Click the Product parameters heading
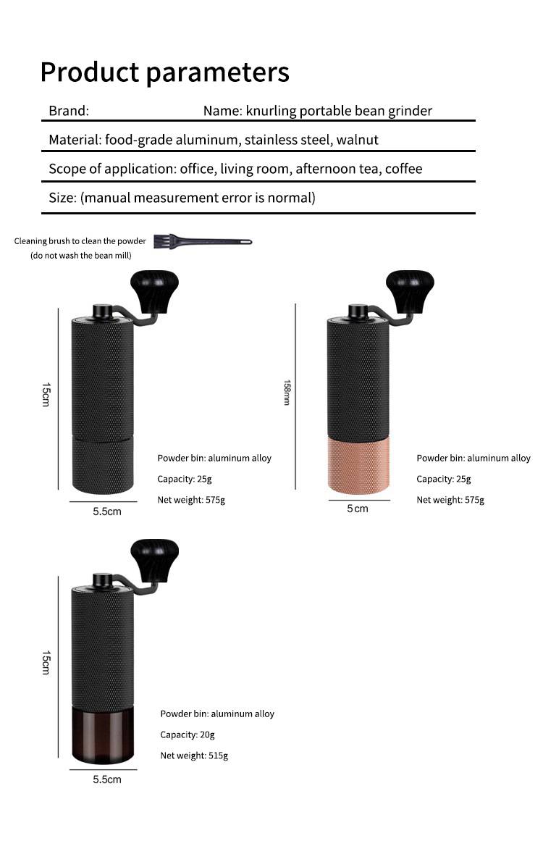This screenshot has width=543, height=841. (x=164, y=72)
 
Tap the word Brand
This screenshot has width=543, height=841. (x=68, y=111)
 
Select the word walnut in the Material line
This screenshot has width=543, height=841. (x=357, y=140)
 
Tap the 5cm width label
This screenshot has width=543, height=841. (x=357, y=509)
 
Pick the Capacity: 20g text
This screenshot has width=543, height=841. (x=188, y=735)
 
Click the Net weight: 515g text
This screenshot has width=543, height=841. (x=194, y=756)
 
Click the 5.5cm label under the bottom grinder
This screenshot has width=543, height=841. (x=106, y=779)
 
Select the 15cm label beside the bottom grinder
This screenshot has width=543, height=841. (x=45, y=662)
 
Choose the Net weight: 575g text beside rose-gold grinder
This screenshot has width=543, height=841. (x=450, y=500)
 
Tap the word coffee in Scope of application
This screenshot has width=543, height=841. (x=403, y=169)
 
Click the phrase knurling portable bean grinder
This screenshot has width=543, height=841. (x=339, y=111)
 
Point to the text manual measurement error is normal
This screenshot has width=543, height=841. (x=198, y=198)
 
